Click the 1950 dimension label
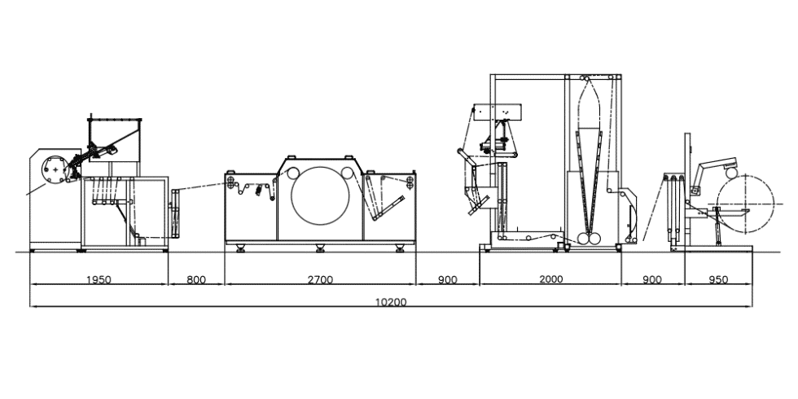click(x=99, y=279)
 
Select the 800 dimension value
click(x=196, y=279)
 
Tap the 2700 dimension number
click(x=320, y=279)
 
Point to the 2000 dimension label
click(x=550, y=279)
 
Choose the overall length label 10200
click(x=391, y=302)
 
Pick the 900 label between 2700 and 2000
click(x=447, y=279)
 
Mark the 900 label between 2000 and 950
click(x=652, y=279)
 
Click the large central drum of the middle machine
click(x=320, y=199)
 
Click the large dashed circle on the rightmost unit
click(x=745, y=208)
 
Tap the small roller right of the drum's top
click(x=349, y=172)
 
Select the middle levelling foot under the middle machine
click(x=320, y=248)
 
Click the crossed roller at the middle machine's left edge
click(x=233, y=182)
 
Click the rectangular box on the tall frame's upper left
click(x=498, y=111)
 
